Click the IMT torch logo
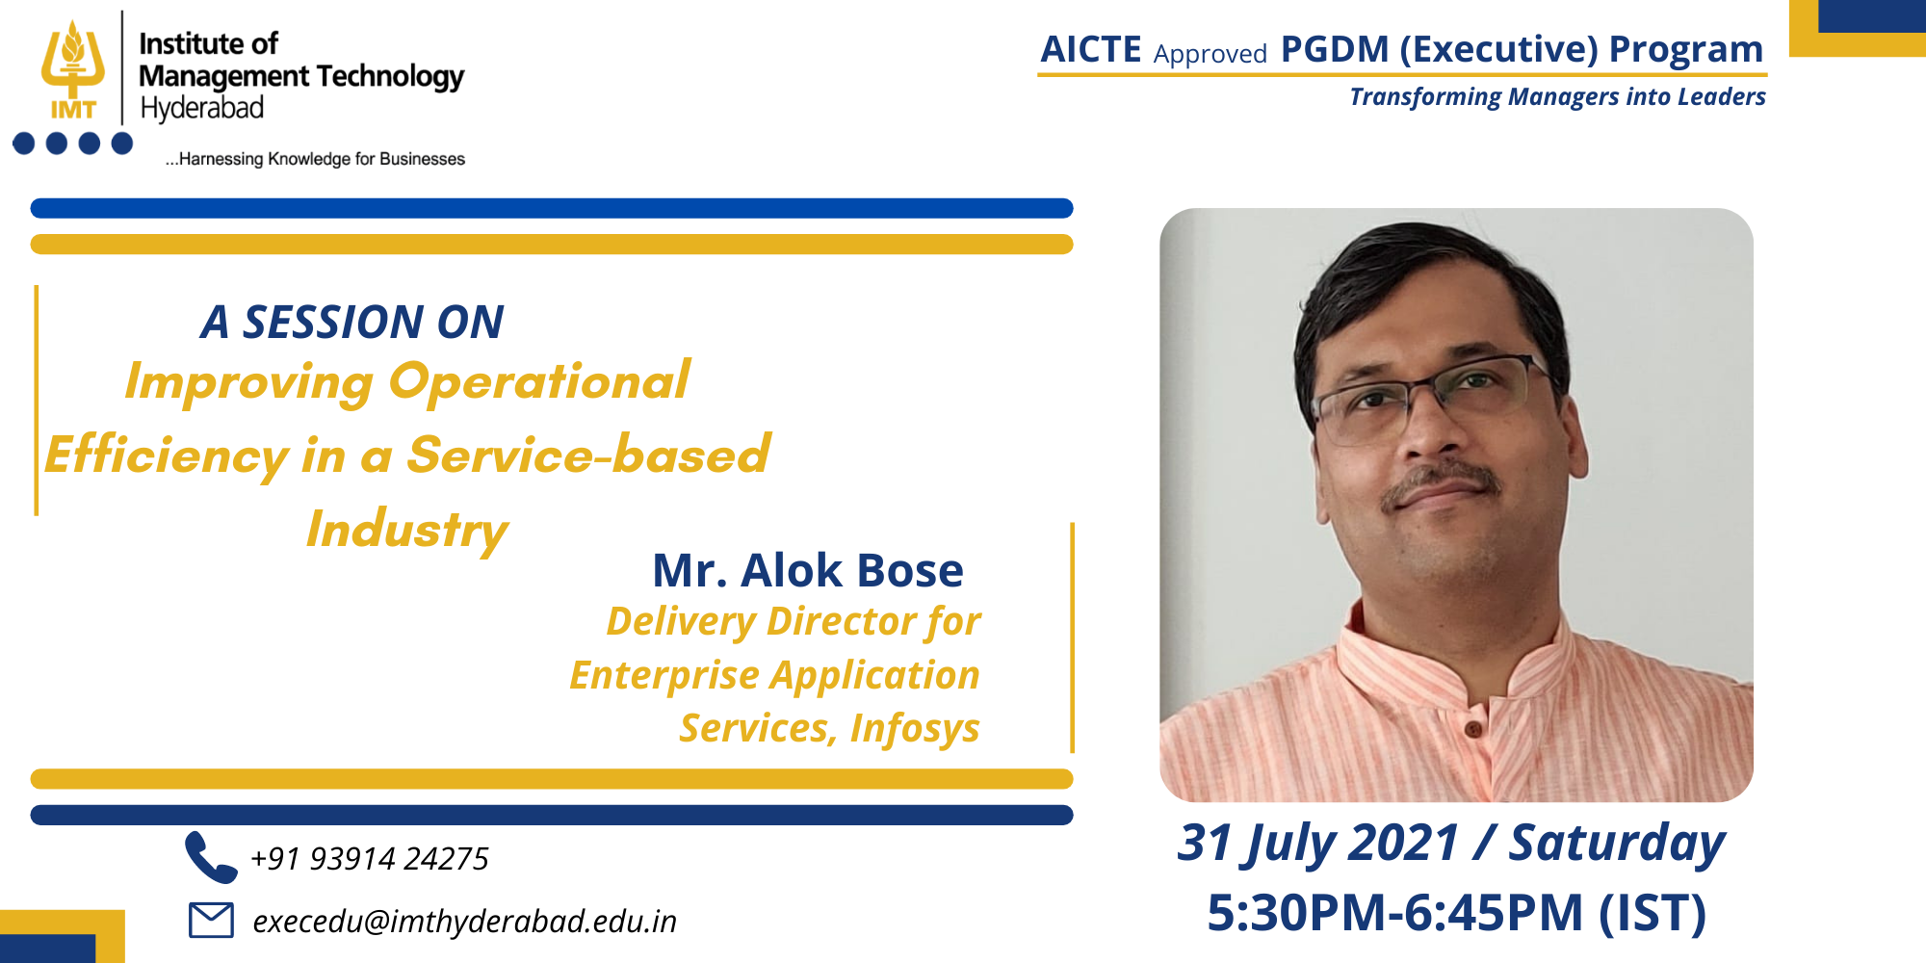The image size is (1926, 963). pos(73,70)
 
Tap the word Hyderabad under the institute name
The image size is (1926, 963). pos(202,108)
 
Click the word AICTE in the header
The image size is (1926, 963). pos(1091,50)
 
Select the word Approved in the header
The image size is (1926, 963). pos(1210,54)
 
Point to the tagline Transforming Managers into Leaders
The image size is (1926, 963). pos(1557,97)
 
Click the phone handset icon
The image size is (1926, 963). pos(211,857)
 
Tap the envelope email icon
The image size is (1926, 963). pos(211,920)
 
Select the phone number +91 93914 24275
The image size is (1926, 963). pos(370,858)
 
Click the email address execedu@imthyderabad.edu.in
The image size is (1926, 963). pos(464,922)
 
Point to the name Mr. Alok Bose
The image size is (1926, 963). pos(808,570)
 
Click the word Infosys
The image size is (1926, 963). pos(915,729)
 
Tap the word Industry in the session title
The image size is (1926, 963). pos(406,531)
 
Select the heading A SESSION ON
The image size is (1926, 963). pos(351,322)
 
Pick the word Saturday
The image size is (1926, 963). pos(1617,844)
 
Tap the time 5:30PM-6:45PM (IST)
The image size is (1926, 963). pos(1456,913)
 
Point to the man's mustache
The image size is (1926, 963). pos(1442,484)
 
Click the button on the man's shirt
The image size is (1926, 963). pos(1472,729)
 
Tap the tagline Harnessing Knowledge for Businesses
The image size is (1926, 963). pos(315,159)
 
